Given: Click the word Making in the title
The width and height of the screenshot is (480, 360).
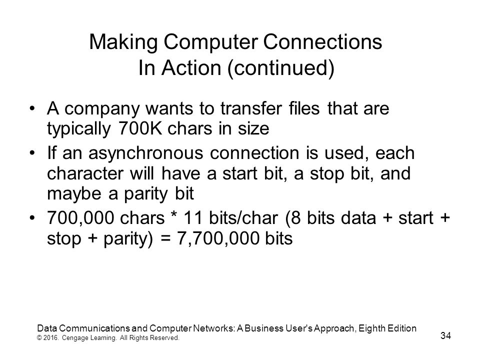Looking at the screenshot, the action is coord(123,42).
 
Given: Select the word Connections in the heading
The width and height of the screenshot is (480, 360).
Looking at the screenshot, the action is coord(322,41).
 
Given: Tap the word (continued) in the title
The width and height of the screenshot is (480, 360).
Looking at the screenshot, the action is coord(280,68).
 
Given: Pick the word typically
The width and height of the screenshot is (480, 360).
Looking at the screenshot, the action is coord(78,129).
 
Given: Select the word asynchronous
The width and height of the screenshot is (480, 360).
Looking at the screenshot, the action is coord(145,153).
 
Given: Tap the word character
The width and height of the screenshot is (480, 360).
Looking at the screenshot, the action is coord(85,173).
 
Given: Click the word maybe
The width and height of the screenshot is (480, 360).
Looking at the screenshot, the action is coord(74,194).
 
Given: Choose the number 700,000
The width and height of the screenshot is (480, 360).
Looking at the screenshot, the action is coord(80,218).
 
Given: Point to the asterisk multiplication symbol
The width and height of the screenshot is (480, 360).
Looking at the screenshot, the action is coord(173,215).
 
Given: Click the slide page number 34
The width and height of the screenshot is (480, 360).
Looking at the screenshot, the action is coord(445,335).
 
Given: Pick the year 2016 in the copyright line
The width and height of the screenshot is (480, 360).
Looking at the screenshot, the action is coord(50,338).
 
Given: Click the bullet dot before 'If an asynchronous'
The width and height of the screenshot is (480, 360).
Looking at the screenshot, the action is coord(32,152).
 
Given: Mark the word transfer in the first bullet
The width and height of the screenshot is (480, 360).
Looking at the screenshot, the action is coord(251,108).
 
